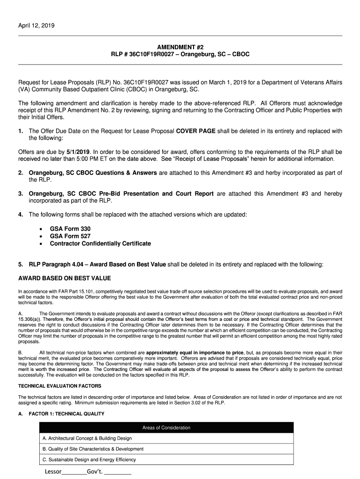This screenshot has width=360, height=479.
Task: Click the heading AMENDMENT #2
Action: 180,47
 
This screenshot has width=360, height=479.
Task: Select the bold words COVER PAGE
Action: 195,131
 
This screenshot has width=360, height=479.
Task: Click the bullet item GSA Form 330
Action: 70,229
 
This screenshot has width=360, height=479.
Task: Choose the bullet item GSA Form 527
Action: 70,236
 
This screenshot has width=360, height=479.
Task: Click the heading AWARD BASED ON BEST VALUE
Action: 65,278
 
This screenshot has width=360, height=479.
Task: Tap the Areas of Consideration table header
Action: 166,428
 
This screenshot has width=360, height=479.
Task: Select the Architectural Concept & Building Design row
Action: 87,438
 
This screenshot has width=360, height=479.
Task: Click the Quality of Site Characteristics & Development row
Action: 93,449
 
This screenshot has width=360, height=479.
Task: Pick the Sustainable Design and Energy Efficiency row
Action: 89,460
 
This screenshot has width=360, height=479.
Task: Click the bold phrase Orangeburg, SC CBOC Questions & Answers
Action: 93,173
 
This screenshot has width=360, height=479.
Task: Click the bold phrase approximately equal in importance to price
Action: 194,352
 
